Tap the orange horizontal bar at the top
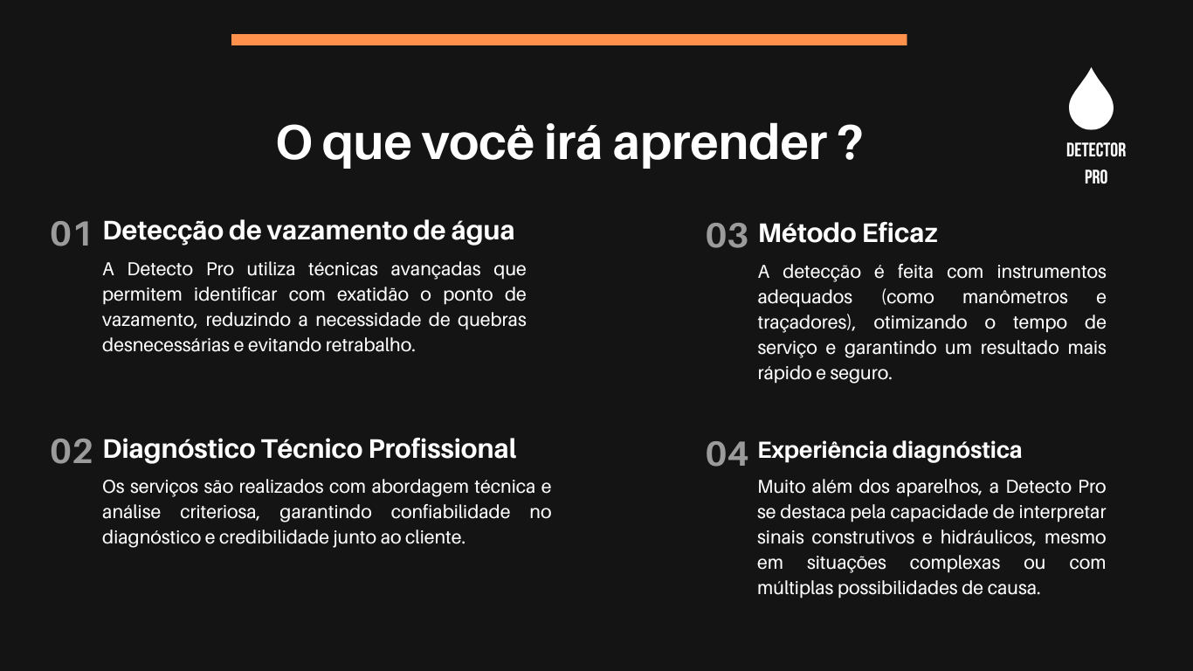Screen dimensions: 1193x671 pos(569,40)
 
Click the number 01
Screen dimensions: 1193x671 pos(71,234)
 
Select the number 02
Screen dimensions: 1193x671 pos(72,452)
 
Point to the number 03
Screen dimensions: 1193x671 pos(727,236)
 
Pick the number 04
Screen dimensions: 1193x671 pos(727,454)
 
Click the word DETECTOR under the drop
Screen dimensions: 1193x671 pos(1096,150)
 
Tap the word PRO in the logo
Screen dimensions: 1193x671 pos(1096,177)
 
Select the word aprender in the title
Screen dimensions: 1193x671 pos(720,145)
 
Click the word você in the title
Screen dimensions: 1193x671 pos(479,142)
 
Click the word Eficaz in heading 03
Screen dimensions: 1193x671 pos(900,233)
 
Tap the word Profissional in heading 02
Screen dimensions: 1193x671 pos(442,449)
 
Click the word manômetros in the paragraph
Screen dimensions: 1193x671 pos(1015,297)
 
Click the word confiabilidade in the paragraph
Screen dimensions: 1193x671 pos(450,512)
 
